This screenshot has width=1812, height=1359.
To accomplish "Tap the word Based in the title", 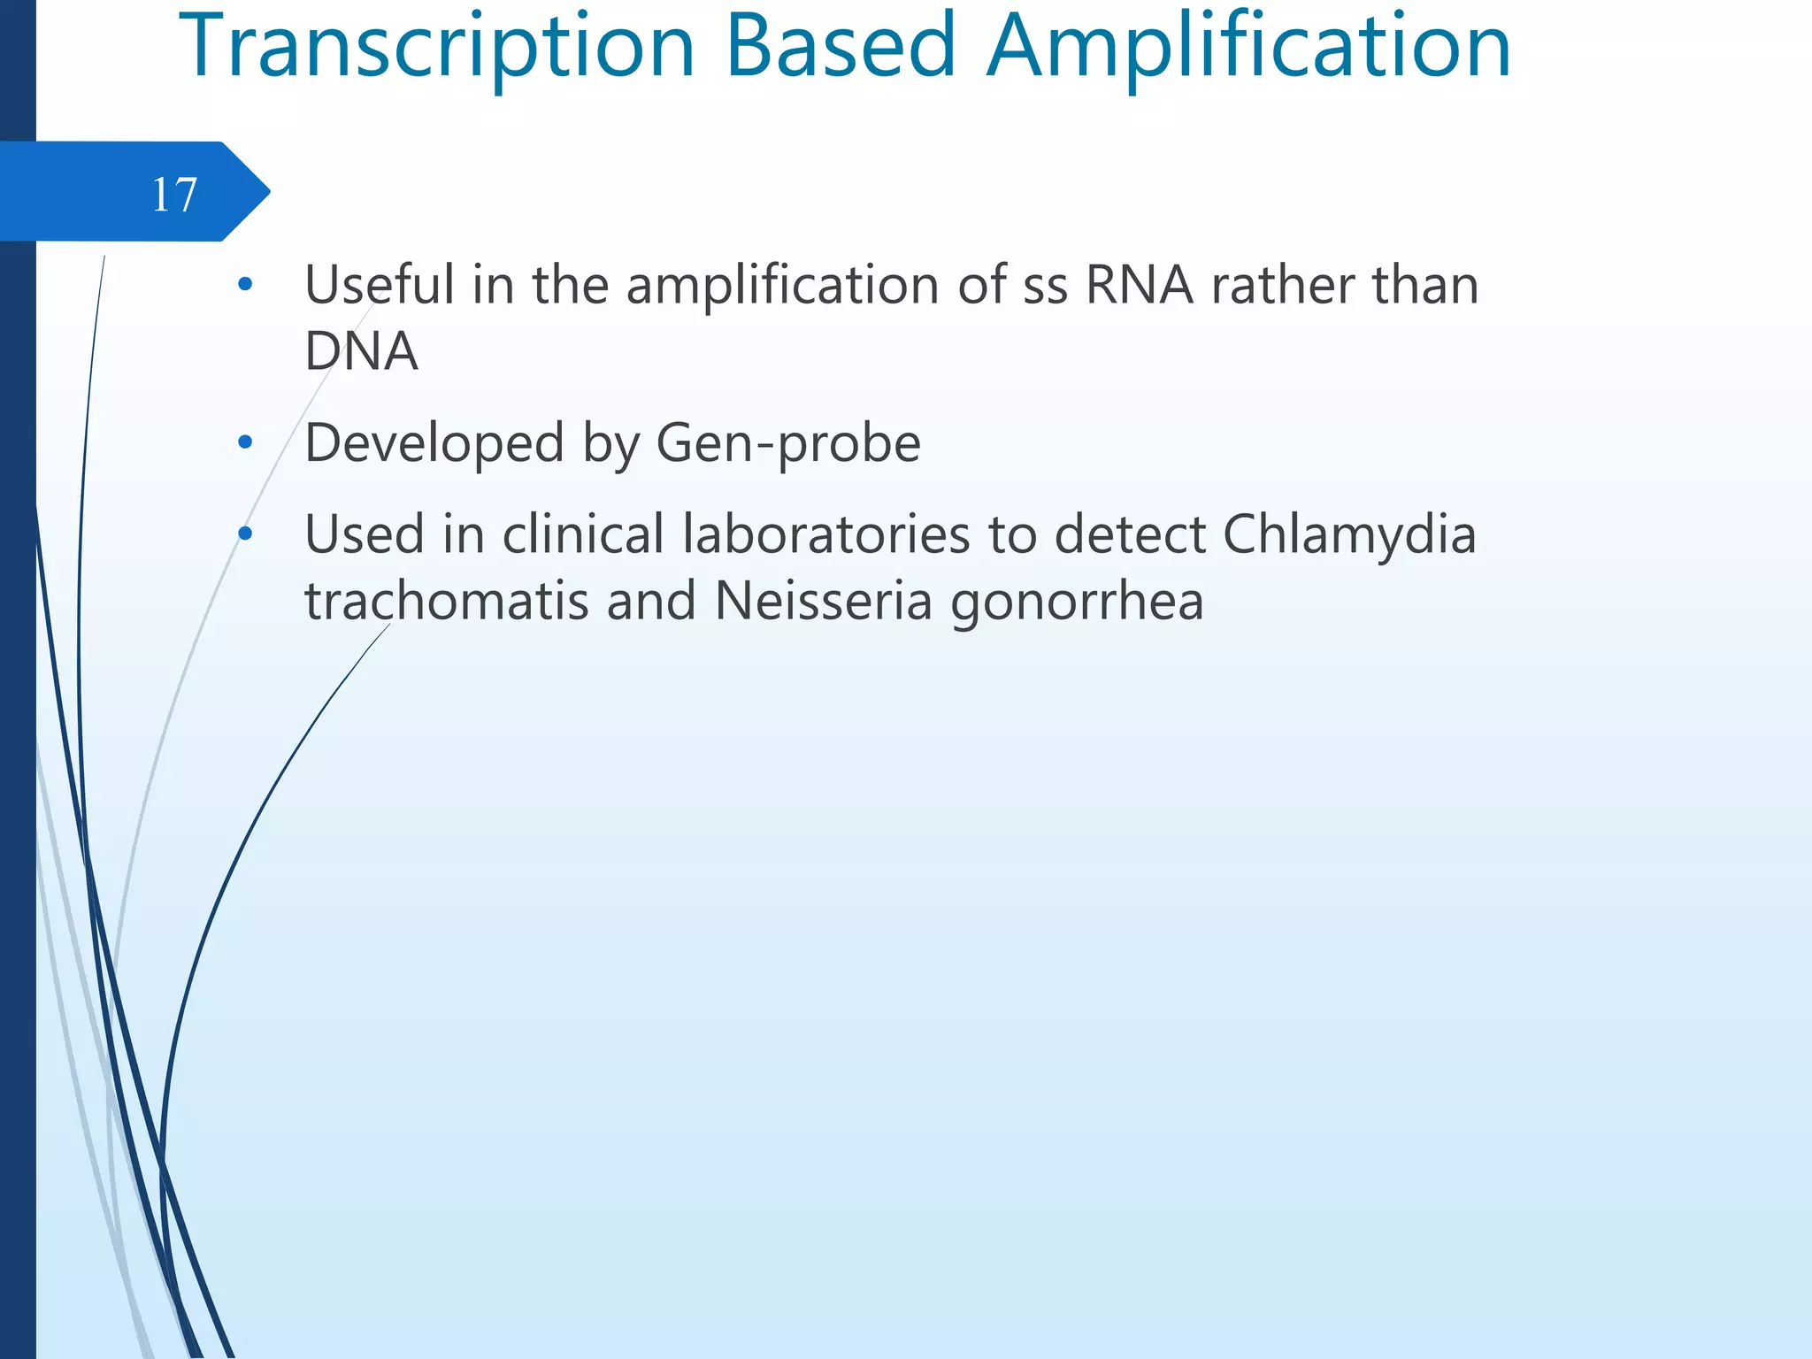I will pyautogui.click(x=841, y=46).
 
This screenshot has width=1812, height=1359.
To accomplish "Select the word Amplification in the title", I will pyautogui.click(x=1248, y=46).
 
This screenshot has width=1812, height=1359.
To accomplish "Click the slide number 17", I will pyautogui.click(x=174, y=194).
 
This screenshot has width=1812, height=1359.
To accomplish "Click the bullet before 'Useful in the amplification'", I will pyautogui.click(x=246, y=285).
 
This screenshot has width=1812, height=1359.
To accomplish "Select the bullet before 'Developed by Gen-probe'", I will pyautogui.click(x=246, y=442).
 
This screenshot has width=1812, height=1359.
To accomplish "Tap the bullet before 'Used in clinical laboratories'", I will pyautogui.click(x=246, y=534).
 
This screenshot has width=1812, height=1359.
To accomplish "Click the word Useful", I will pyautogui.click(x=380, y=285).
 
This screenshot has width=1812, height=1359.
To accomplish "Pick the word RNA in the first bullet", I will pyautogui.click(x=1139, y=285).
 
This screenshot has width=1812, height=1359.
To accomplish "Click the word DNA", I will pyautogui.click(x=361, y=351).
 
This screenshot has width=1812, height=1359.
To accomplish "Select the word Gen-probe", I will pyautogui.click(x=788, y=443).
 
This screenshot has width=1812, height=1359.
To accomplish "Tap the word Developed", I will pyautogui.click(x=434, y=442).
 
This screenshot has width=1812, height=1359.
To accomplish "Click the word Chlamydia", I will pyautogui.click(x=1349, y=535).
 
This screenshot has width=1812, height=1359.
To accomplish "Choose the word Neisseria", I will pyautogui.click(x=823, y=602).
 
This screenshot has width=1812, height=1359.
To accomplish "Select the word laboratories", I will pyautogui.click(x=826, y=535).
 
